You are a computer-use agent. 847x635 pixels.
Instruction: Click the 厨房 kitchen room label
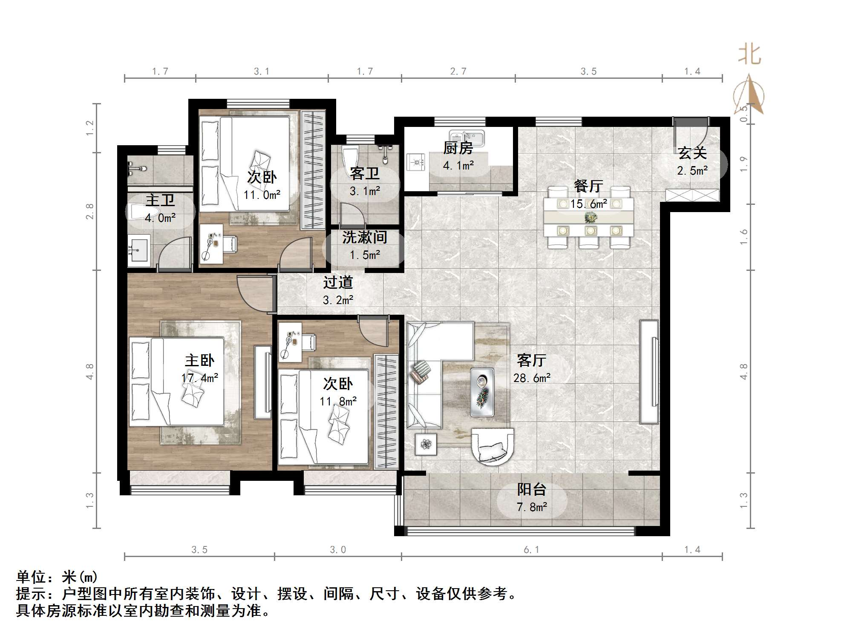[458, 148]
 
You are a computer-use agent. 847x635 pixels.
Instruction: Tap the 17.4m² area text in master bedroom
[199, 378]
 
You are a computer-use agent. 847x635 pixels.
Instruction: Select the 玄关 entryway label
[692, 153]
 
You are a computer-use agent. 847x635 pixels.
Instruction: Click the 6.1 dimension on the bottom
[531, 550]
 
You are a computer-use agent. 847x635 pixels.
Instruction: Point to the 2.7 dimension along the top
[458, 72]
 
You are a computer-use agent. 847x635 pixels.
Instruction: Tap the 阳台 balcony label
[531, 489]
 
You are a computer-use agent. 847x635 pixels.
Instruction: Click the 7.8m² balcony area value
[531, 507]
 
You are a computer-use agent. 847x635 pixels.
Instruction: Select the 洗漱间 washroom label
[364, 238]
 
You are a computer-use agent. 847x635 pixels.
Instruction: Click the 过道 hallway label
[338, 282]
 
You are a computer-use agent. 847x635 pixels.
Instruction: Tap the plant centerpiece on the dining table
[591, 218]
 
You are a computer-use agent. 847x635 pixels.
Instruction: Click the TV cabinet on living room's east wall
[650, 372]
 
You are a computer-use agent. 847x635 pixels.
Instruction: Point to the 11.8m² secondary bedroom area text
[338, 402]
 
